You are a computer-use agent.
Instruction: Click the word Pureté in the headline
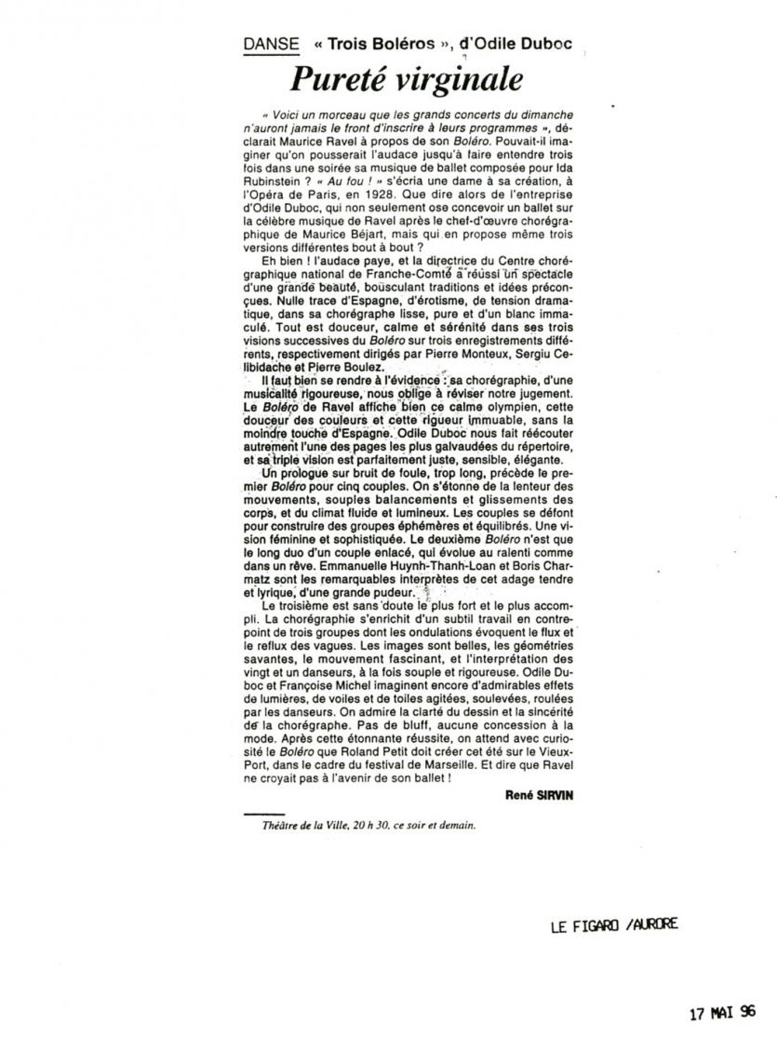click(335, 79)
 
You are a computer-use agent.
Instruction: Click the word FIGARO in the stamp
click(592, 924)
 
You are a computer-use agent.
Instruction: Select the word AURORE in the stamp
click(656, 924)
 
